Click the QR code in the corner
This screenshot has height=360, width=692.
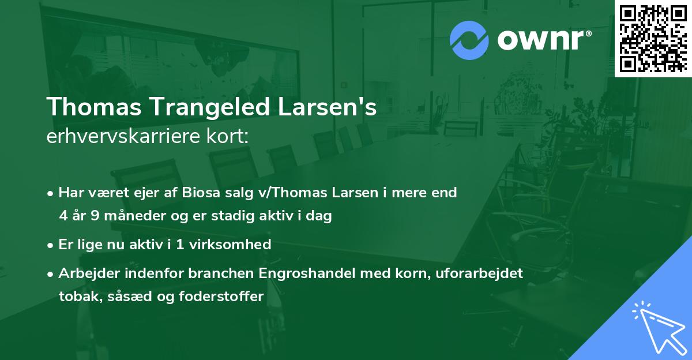(x=653, y=38)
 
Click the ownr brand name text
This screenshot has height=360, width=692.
(x=541, y=39)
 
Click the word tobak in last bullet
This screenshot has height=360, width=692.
(x=76, y=297)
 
